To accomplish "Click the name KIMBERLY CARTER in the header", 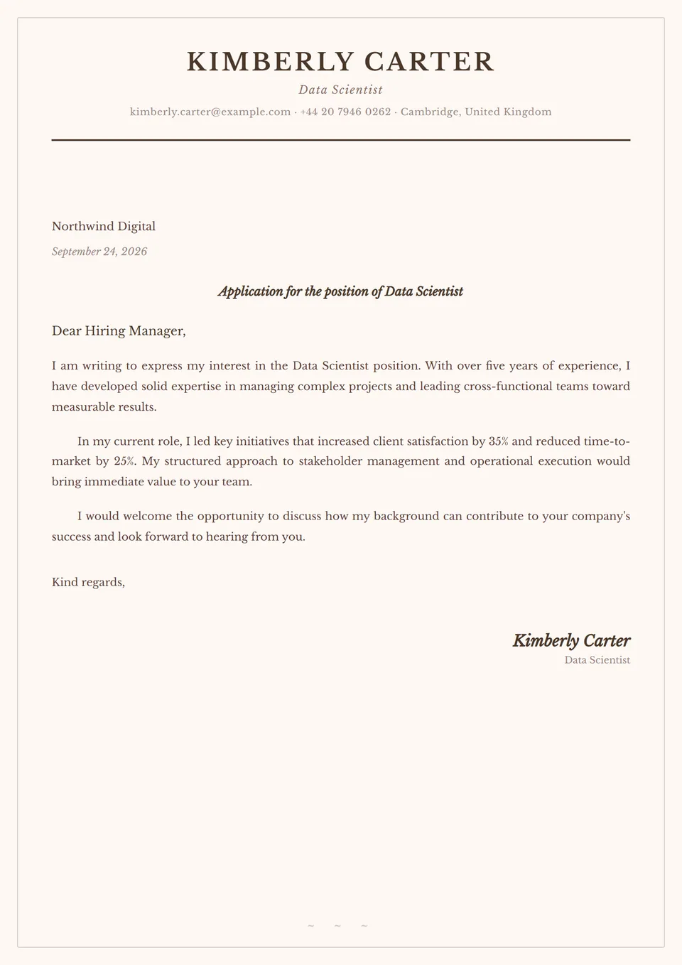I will point(340,62).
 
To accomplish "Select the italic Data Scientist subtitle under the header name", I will point(340,90).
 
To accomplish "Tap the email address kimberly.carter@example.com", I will point(210,112).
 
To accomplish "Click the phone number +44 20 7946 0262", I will point(345,112).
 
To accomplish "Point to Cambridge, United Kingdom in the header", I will point(476,112).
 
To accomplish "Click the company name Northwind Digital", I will point(104,226).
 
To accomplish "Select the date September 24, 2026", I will point(99,252).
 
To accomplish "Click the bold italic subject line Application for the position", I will point(340,291).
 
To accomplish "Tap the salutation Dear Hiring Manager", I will point(119,330).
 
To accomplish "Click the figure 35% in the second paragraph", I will point(499,441).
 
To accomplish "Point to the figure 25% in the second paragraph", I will point(124,461).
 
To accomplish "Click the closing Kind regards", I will point(88,582).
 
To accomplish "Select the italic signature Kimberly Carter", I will point(571,640).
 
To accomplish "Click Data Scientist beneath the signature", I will point(597,660).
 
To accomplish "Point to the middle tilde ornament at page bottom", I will point(337,926).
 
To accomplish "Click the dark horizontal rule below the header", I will point(340,140).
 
